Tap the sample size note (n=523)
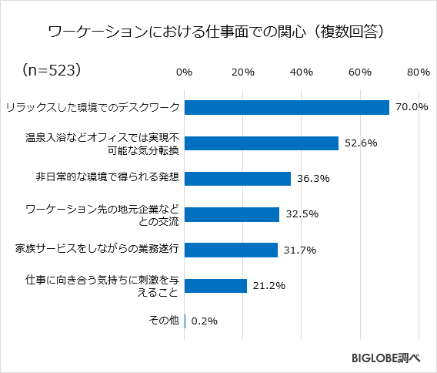[52, 70]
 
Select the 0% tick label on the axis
[184, 72]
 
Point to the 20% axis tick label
[242, 72]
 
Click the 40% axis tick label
[301, 72]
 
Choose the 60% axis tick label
[359, 72]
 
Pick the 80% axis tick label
[418, 72]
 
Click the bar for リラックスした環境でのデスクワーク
[287, 107]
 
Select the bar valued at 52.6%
[262, 143]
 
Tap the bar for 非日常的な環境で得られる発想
[238, 178]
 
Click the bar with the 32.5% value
[232, 214]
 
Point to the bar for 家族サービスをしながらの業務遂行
[231, 250]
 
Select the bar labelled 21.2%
[215, 285]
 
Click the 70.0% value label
[411, 107]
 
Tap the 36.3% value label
[312, 179]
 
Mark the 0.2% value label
[204, 321]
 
